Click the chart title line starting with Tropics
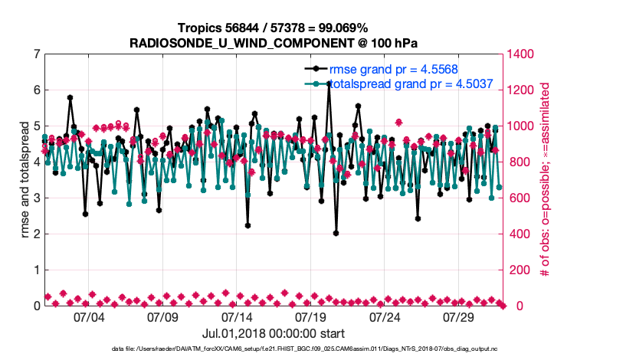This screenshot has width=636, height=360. tap(272, 28)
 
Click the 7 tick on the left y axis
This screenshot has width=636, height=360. tap(36, 54)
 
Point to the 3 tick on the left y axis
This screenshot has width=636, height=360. tap(36, 198)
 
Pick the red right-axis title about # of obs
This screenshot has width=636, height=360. tap(546, 180)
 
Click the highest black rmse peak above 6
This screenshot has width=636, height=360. tap(329, 83)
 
